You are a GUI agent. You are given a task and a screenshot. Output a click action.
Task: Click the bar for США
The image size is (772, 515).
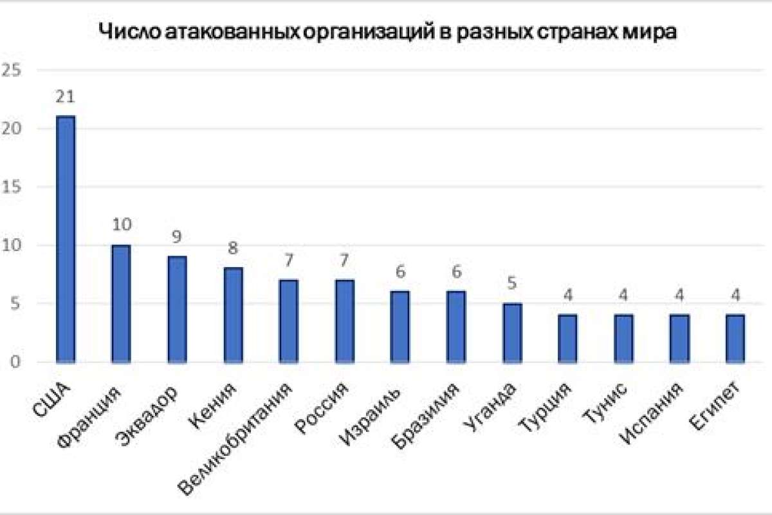point(66,239)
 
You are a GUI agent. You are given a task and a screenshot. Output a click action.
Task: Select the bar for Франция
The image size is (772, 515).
point(121,304)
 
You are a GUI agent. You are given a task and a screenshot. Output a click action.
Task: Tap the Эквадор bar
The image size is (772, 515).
point(177,310)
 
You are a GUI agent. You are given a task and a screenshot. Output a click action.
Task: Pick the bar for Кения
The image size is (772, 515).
point(233,315)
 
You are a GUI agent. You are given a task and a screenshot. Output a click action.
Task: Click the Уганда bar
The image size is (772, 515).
point(512,333)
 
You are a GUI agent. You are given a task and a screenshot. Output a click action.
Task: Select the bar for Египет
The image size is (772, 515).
point(735,339)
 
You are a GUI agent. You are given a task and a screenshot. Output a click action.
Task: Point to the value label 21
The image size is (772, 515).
point(66,97)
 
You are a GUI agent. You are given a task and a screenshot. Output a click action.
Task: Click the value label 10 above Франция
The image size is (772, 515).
point(121,226)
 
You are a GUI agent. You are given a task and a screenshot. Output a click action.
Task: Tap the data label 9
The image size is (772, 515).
point(177,238)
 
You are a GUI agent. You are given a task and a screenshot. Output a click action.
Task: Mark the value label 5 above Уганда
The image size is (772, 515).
point(512,284)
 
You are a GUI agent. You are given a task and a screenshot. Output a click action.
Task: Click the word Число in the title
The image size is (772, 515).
point(122,33)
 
